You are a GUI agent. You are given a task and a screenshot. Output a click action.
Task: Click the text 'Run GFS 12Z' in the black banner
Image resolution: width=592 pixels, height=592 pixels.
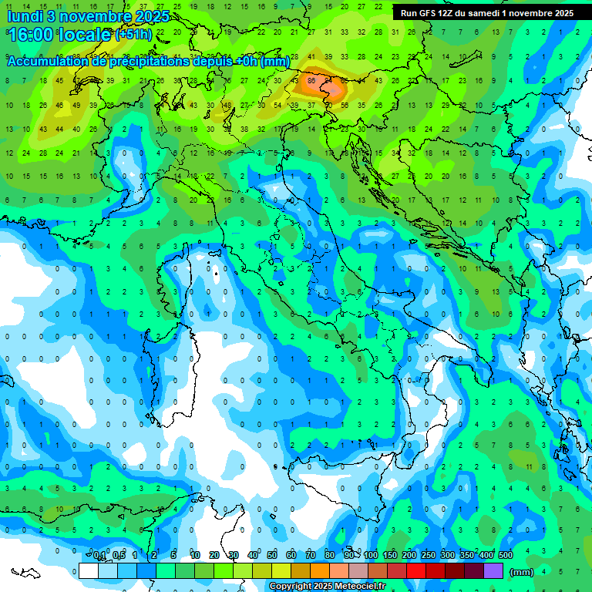[x=427, y=13]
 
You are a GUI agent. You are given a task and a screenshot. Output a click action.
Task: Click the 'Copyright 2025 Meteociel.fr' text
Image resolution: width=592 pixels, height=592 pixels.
[x=327, y=587]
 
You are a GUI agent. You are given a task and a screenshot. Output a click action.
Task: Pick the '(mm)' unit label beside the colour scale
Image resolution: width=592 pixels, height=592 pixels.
[x=522, y=572]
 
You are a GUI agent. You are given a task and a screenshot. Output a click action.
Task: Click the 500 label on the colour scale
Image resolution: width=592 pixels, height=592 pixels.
[x=506, y=556]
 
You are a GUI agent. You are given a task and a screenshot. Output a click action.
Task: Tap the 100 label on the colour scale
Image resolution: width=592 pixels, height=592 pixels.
[x=371, y=556]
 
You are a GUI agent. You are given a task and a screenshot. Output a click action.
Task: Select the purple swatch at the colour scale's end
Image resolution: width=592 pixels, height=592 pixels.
[x=493, y=571]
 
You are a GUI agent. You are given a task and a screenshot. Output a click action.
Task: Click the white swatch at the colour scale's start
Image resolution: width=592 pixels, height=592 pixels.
[x=89, y=571]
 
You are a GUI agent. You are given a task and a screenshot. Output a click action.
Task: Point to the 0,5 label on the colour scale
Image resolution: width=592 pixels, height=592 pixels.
[x=119, y=556]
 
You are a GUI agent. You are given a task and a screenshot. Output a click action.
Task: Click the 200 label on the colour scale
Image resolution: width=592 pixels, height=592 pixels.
[x=409, y=556]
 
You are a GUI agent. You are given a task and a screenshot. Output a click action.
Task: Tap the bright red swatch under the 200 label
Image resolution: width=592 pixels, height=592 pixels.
[x=416, y=571]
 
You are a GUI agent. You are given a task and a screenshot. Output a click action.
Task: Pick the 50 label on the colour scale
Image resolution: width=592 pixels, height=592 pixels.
[x=272, y=556]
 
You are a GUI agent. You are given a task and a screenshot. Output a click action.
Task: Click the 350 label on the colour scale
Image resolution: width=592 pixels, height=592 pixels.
[x=467, y=556]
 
